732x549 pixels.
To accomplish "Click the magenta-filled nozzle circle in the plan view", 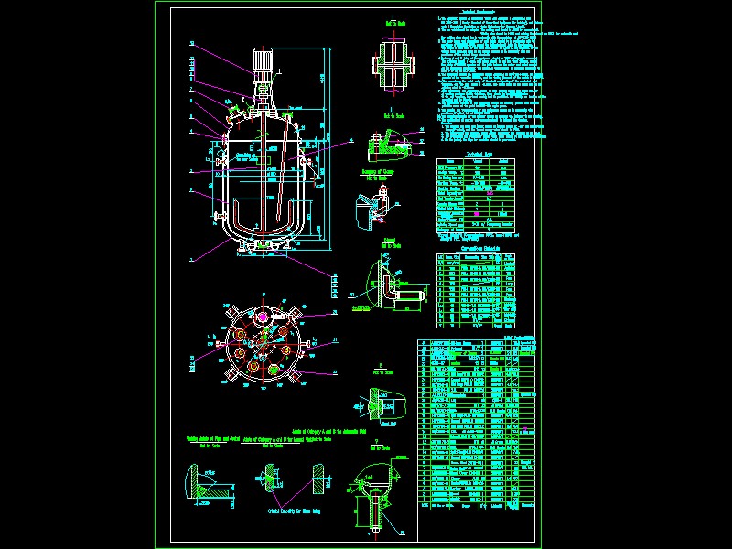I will coord(263,317).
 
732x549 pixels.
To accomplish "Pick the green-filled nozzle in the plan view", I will coord(273,370).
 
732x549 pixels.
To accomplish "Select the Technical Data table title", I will coord(473,155).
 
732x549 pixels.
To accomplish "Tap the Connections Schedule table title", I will coord(473,247).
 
